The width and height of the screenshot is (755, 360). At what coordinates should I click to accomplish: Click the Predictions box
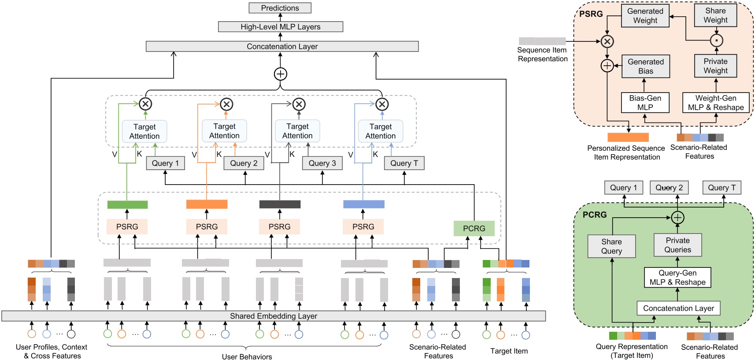pyautogui.click(x=280, y=8)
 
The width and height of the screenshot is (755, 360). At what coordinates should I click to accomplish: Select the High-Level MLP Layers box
pyautogui.click(x=280, y=27)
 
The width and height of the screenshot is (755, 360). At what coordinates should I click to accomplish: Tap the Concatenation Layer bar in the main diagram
pyautogui.click(x=282, y=46)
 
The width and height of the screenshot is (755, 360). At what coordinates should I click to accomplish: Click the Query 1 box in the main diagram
pyautogui.click(x=165, y=163)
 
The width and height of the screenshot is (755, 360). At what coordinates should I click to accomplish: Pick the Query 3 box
pyautogui.click(x=322, y=163)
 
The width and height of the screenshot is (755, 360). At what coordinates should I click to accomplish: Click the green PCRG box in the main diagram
pyautogui.click(x=474, y=228)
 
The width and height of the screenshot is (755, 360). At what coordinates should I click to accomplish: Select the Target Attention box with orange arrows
pyautogui.click(x=224, y=131)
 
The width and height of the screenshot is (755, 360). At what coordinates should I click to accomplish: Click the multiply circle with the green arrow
pyautogui.click(x=145, y=104)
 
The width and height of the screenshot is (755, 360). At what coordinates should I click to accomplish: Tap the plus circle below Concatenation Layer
pyautogui.click(x=281, y=74)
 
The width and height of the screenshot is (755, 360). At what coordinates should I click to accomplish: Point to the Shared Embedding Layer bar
pyautogui.click(x=273, y=316)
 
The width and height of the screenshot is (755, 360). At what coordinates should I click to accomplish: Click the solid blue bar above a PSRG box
pyautogui.click(x=363, y=204)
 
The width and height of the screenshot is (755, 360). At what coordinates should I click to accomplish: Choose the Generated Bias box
pyautogui.click(x=645, y=66)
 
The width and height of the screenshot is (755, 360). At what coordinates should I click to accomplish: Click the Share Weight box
pyautogui.click(x=715, y=15)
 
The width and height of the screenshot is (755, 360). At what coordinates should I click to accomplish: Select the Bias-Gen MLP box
pyautogui.click(x=645, y=102)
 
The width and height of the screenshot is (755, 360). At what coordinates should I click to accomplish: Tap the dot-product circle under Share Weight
pyautogui.click(x=717, y=41)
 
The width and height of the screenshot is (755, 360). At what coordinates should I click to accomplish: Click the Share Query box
pyautogui.click(x=611, y=246)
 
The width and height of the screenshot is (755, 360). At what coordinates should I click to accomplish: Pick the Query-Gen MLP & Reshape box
pyautogui.click(x=677, y=278)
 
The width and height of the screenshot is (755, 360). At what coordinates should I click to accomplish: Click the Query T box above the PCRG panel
pyautogui.click(x=722, y=188)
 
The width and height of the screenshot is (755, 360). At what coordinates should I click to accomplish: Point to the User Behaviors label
pyautogui.click(x=247, y=356)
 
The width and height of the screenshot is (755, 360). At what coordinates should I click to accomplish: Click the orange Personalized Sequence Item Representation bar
pyautogui.click(x=628, y=137)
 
